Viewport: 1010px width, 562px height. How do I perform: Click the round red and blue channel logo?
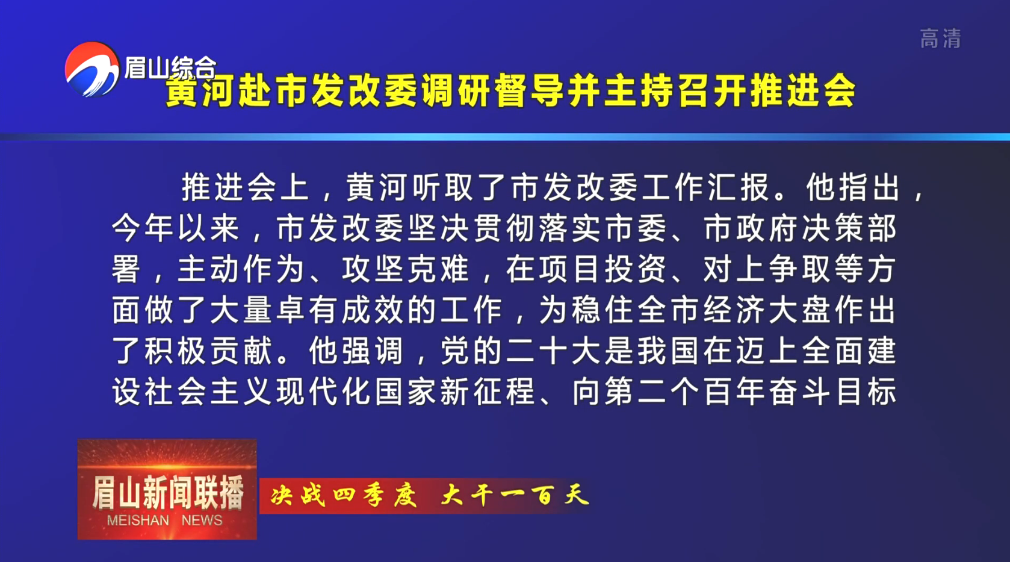click(x=92, y=69)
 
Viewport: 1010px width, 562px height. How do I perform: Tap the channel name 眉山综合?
click(x=170, y=67)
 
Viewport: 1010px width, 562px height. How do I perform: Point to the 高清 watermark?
click(x=941, y=39)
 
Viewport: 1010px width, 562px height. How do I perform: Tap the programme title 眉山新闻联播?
click(x=168, y=493)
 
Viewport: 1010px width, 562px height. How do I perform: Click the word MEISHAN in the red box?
click(x=137, y=520)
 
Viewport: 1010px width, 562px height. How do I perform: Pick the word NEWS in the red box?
click(x=202, y=520)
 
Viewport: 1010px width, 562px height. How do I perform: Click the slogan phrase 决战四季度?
click(x=344, y=495)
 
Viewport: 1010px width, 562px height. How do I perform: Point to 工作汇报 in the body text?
click(x=705, y=187)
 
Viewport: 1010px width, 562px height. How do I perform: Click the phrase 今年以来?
click(x=175, y=228)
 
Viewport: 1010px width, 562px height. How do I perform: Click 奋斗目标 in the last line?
click(x=832, y=392)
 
